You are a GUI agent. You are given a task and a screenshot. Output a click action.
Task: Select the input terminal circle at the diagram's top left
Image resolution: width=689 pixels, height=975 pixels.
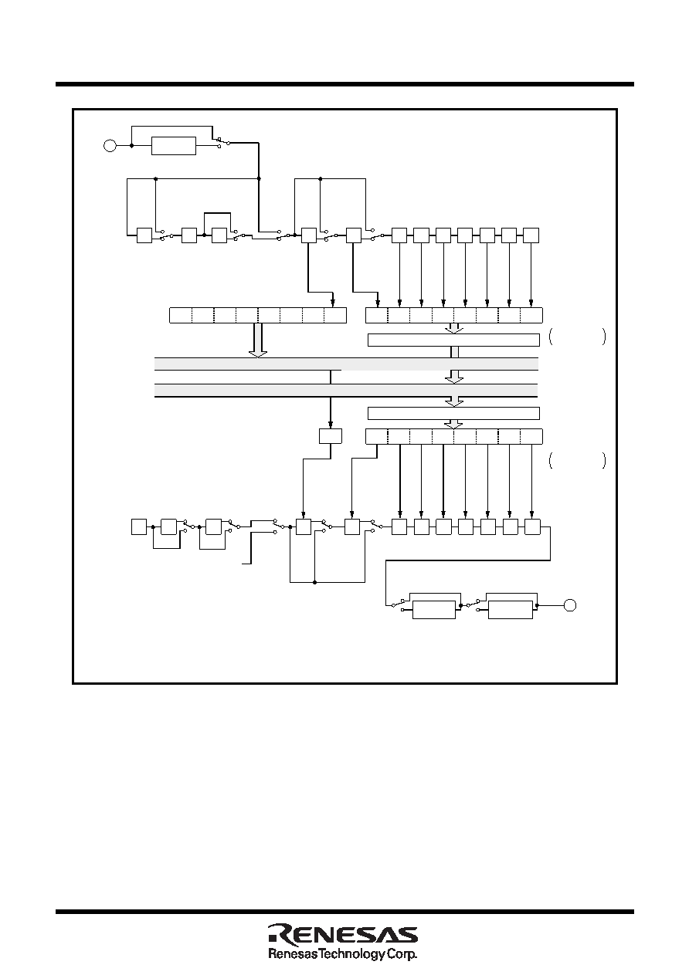point(110,145)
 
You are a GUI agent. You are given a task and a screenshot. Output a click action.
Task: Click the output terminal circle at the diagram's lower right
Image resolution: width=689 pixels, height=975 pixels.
point(570,605)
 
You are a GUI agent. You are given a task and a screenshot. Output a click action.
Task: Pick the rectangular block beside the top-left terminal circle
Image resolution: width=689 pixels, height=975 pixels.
point(173,146)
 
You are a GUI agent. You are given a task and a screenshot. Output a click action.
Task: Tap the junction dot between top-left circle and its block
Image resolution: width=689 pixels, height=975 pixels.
point(131,146)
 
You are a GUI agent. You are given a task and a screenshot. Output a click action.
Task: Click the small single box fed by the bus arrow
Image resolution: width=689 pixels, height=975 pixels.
point(330,436)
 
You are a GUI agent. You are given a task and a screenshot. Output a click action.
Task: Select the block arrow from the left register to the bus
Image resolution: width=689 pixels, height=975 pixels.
point(258,340)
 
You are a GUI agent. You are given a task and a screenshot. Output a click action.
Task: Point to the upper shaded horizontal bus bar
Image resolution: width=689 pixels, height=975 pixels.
point(346,364)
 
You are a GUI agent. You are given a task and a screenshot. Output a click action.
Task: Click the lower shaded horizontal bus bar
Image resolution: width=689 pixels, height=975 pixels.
point(346,391)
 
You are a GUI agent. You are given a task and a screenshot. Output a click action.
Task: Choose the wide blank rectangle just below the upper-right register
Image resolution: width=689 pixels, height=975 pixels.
point(454,340)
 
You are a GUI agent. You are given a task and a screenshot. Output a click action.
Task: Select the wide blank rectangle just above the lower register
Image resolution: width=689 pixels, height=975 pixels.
point(454,413)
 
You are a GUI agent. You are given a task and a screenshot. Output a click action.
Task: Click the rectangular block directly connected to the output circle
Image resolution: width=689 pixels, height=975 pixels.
point(511,609)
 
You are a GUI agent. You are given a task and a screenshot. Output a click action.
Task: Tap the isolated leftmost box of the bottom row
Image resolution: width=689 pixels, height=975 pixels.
point(139,526)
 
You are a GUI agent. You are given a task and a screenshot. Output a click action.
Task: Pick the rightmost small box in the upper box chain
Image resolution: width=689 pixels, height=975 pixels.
point(531,235)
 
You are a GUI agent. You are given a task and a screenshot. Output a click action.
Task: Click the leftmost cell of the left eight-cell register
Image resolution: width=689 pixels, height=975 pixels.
point(180,315)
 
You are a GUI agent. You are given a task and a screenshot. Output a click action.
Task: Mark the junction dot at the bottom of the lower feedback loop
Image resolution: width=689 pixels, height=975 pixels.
point(314,582)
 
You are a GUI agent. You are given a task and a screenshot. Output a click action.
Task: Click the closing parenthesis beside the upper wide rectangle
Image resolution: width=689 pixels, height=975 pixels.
point(603,337)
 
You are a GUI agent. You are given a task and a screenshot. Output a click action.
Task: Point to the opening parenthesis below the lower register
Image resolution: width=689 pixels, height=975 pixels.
point(552,461)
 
